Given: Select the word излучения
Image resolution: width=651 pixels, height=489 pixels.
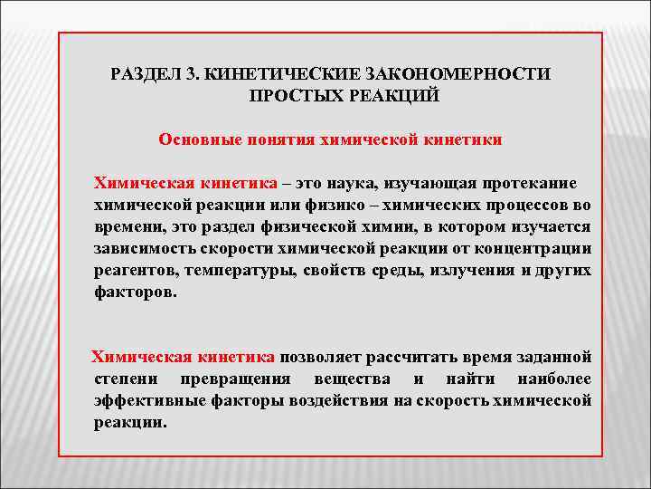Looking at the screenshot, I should (473, 271).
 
